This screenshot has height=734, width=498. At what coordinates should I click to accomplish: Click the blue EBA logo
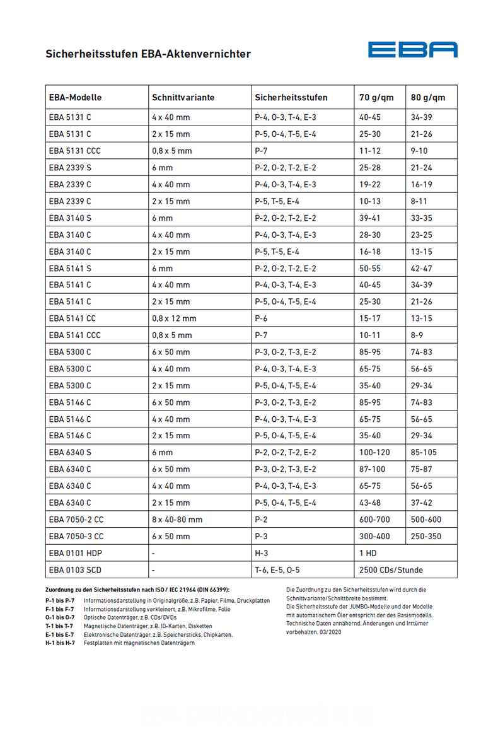[413, 50]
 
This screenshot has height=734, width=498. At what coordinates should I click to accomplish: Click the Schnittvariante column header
[183, 98]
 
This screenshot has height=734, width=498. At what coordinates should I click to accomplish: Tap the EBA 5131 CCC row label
[74, 151]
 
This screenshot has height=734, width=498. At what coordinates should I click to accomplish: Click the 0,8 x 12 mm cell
[174, 318]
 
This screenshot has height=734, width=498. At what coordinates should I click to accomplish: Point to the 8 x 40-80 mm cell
[177, 520]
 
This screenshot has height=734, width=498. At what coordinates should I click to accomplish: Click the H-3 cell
[262, 553]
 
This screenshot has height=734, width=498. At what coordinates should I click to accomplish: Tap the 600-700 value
[374, 520]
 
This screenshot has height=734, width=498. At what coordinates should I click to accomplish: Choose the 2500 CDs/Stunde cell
[391, 570]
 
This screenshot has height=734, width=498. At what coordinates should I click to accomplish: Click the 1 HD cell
[368, 553]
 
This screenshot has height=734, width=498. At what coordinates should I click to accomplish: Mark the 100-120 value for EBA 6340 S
[374, 452]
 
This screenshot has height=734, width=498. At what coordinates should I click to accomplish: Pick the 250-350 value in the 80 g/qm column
[426, 537]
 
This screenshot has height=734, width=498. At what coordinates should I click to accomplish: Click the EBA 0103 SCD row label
[74, 570]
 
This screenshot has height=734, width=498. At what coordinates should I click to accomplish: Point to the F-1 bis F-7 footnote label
[59, 610]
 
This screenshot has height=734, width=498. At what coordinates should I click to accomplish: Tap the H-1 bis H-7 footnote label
[60, 643]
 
